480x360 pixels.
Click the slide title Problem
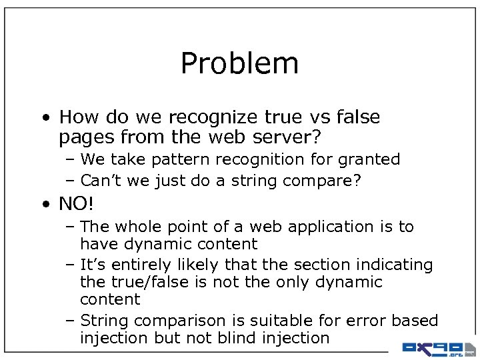(239, 64)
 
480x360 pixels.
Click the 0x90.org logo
(437, 348)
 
